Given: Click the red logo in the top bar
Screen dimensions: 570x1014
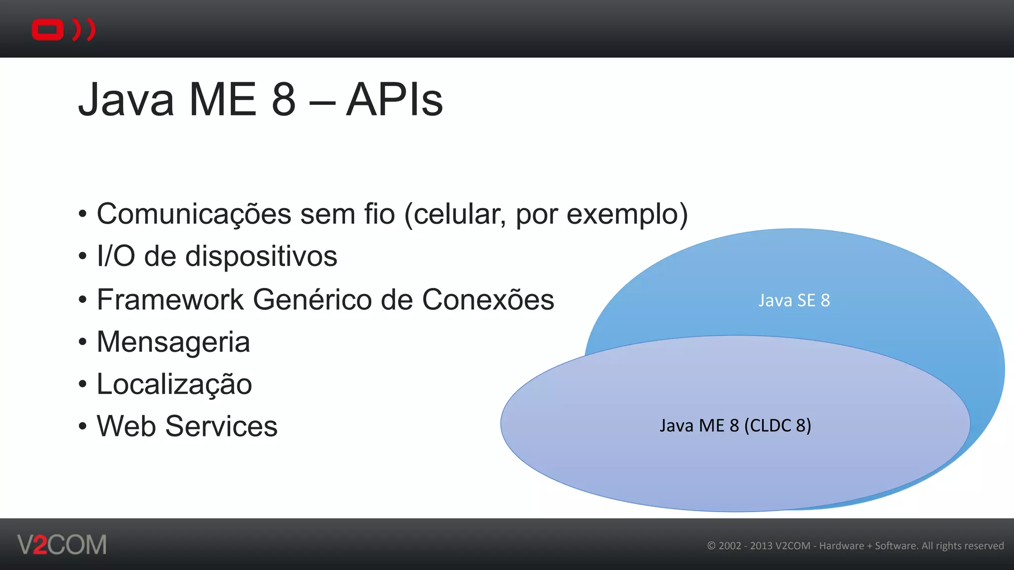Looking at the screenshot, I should click(63, 30).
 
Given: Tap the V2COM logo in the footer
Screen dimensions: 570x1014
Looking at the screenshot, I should click(62, 545).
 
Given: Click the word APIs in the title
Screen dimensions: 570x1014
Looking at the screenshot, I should click(394, 100).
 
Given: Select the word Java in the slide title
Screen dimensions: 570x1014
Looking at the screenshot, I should click(126, 100).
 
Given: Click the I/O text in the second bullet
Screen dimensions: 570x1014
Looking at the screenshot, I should click(116, 256).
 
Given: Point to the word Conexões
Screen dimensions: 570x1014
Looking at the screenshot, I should click(488, 300).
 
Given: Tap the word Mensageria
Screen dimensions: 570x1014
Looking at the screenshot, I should click(173, 342).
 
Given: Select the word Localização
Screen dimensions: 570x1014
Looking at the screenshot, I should click(174, 385).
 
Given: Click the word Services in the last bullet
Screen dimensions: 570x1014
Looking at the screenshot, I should click(221, 427).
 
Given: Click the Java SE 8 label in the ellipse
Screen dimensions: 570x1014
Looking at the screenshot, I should click(794, 300).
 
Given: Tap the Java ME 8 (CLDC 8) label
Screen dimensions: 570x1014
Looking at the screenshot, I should click(735, 426).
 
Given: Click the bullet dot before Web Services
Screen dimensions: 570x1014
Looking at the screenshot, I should click(82, 427).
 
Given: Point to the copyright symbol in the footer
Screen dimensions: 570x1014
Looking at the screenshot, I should click(711, 546).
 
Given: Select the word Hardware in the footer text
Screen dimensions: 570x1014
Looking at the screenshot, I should click(841, 546).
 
